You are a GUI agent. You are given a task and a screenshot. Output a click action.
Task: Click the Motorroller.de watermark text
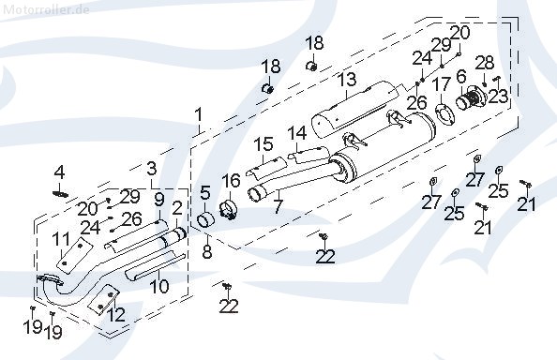point(46,9)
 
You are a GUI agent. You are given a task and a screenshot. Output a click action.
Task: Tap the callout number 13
point(347,80)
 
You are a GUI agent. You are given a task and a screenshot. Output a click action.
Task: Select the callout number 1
point(199,115)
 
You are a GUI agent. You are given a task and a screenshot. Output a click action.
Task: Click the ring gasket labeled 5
point(205,220)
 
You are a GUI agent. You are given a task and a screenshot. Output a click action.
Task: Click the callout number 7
point(278,207)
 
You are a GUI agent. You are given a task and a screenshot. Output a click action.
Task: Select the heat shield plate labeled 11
point(73,255)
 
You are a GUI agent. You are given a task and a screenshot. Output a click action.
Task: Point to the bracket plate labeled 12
point(103,300)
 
